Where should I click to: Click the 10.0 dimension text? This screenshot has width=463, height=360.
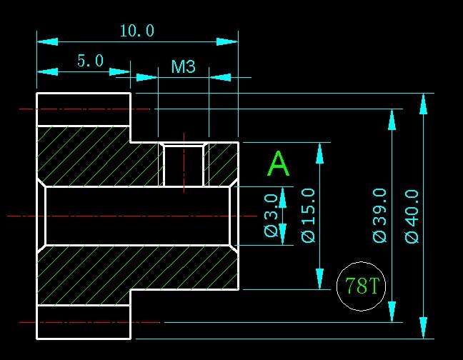click(x=136, y=31)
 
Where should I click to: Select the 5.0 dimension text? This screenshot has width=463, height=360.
click(x=91, y=61)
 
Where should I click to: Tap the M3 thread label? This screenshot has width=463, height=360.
click(x=184, y=67)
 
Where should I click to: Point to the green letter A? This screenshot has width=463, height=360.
click(x=278, y=165)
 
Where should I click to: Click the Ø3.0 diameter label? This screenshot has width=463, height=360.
click(x=270, y=215)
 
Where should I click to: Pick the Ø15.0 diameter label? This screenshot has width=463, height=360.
click(x=308, y=215)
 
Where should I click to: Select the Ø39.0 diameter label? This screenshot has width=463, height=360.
click(x=379, y=215)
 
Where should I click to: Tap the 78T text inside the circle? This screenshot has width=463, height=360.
click(x=361, y=287)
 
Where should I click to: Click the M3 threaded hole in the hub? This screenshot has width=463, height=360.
click(x=184, y=165)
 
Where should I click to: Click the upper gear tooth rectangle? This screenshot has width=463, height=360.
click(x=83, y=109)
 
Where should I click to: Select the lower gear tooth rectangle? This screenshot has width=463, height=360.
click(x=83, y=322)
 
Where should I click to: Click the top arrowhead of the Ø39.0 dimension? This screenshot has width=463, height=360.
click(x=392, y=119)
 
